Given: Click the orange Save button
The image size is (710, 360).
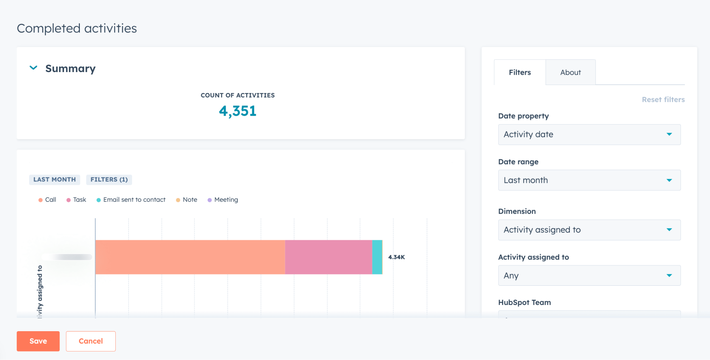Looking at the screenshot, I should (38, 341).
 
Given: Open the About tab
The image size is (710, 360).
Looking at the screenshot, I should (570, 72).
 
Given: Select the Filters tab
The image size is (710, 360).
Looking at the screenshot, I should (520, 72).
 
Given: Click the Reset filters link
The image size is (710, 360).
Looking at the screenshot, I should (663, 99).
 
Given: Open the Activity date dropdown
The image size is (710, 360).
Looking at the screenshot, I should (589, 135).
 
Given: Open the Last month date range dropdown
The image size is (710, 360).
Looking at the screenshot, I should (589, 180).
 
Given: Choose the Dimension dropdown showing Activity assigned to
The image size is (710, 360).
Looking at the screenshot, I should (589, 230).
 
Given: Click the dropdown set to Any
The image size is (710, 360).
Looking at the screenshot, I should (589, 276).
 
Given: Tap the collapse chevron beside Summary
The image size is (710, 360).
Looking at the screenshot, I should (34, 68).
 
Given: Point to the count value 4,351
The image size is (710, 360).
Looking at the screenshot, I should (237, 111).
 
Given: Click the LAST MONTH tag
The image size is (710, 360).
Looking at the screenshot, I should (54, 180).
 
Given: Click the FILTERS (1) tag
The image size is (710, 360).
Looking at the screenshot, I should (109, 180).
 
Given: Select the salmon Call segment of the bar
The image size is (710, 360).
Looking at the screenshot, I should (190, 257).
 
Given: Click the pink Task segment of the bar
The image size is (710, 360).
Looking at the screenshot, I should (328, 257).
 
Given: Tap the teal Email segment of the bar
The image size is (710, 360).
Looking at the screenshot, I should (377, 257).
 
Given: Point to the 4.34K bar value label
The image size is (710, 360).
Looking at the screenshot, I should (396, 257).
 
